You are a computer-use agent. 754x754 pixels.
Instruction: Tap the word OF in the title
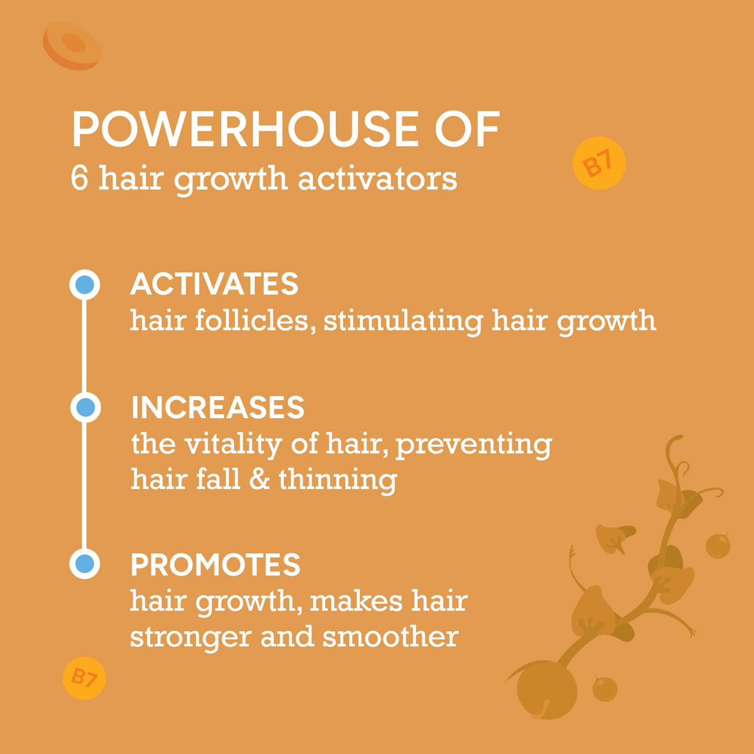tap(467, 129)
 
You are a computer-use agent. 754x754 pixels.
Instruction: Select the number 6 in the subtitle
tap(80, 180)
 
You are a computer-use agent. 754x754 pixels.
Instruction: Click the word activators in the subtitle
tap(378, 180)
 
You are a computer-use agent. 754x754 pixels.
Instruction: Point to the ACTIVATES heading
tap(214, 284)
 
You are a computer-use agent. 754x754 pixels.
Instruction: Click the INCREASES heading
tap(218, 407)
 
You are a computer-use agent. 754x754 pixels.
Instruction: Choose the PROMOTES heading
tap(215, 565)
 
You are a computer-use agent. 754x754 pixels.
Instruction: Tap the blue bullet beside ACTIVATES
tap(85, 285)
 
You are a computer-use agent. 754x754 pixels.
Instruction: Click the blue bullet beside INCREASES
tap(85, 407)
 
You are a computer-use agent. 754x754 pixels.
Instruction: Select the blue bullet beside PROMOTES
tap(85, 564)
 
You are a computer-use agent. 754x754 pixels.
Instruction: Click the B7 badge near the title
tap(598, 163)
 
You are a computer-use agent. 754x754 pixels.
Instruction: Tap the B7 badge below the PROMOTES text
tap(84, 678)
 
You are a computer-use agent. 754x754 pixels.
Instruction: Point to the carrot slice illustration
tap(72, 46)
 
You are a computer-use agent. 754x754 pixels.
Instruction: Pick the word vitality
tap(233, 445)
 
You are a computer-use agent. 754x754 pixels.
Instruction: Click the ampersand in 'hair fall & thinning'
tap(259, 479)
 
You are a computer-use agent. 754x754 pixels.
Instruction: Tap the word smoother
tap(391, 637)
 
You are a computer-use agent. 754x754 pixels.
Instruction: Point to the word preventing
tap(474, 445)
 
